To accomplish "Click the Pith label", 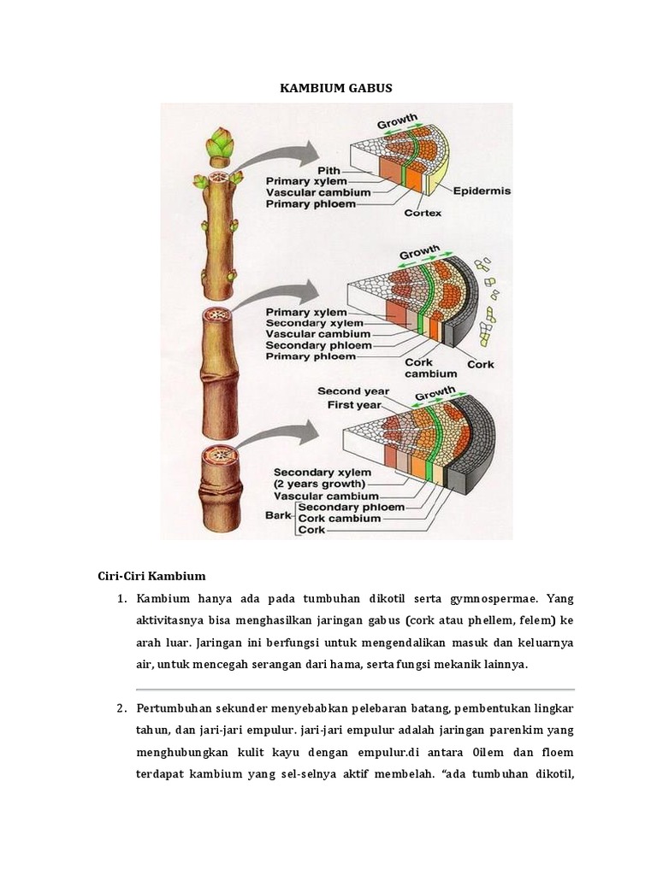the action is click(x=328, y=169).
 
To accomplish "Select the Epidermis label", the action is click(x=481, y=191).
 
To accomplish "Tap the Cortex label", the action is click(x=423, y=213).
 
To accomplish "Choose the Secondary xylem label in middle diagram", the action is click(x=314, y=323).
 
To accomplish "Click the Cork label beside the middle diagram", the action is click(x=480, y=364).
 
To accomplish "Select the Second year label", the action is click(x=352, y=391).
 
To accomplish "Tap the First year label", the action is click(x=358, y=405).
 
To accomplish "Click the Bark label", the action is click(x=278, y=515).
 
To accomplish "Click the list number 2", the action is click(x=121, y=708).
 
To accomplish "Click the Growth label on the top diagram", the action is click(x=397, y=120).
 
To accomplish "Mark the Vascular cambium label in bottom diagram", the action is click(x=325, y=496).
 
